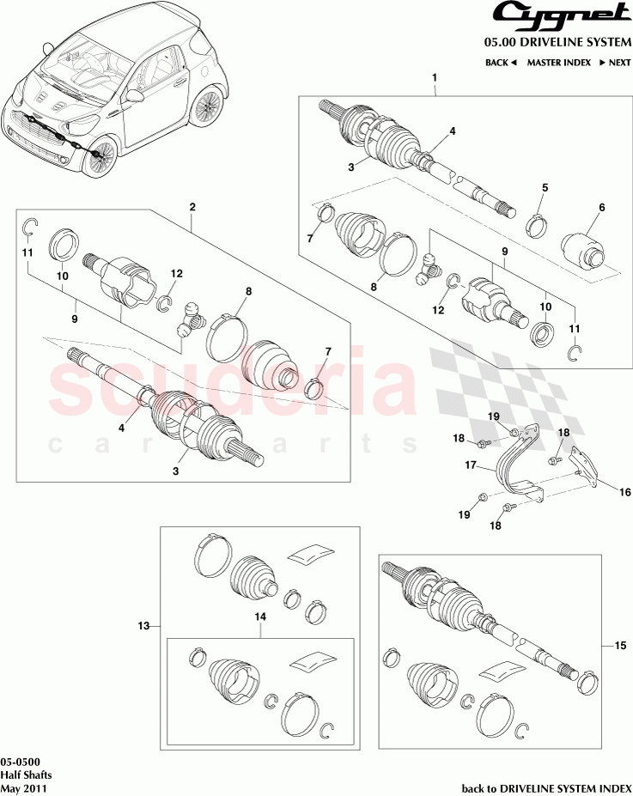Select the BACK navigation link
(x=500, y=63)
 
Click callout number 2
(x=192, y=207)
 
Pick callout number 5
(x=545, y=188)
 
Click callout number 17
(x=471, y=466)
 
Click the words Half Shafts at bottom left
(x=25, y=775)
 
